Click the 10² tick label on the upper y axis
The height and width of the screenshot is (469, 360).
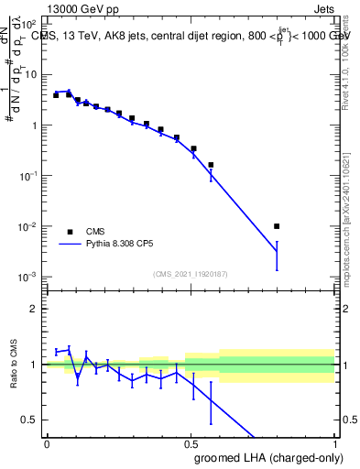pyautogui.click(x=28, y=24)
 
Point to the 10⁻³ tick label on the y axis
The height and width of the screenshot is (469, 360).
pyautogui.click(x=28, y=277)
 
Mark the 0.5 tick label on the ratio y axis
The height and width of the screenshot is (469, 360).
pyautogui.click(x=30, y=420)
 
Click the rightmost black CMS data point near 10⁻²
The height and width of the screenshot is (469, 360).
pyautogui.click(x=277, y=226)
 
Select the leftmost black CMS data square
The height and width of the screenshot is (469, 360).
pyautogui.click(x=56, y=95)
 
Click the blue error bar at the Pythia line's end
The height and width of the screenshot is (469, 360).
pyautogui.click(x=277, y=256)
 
